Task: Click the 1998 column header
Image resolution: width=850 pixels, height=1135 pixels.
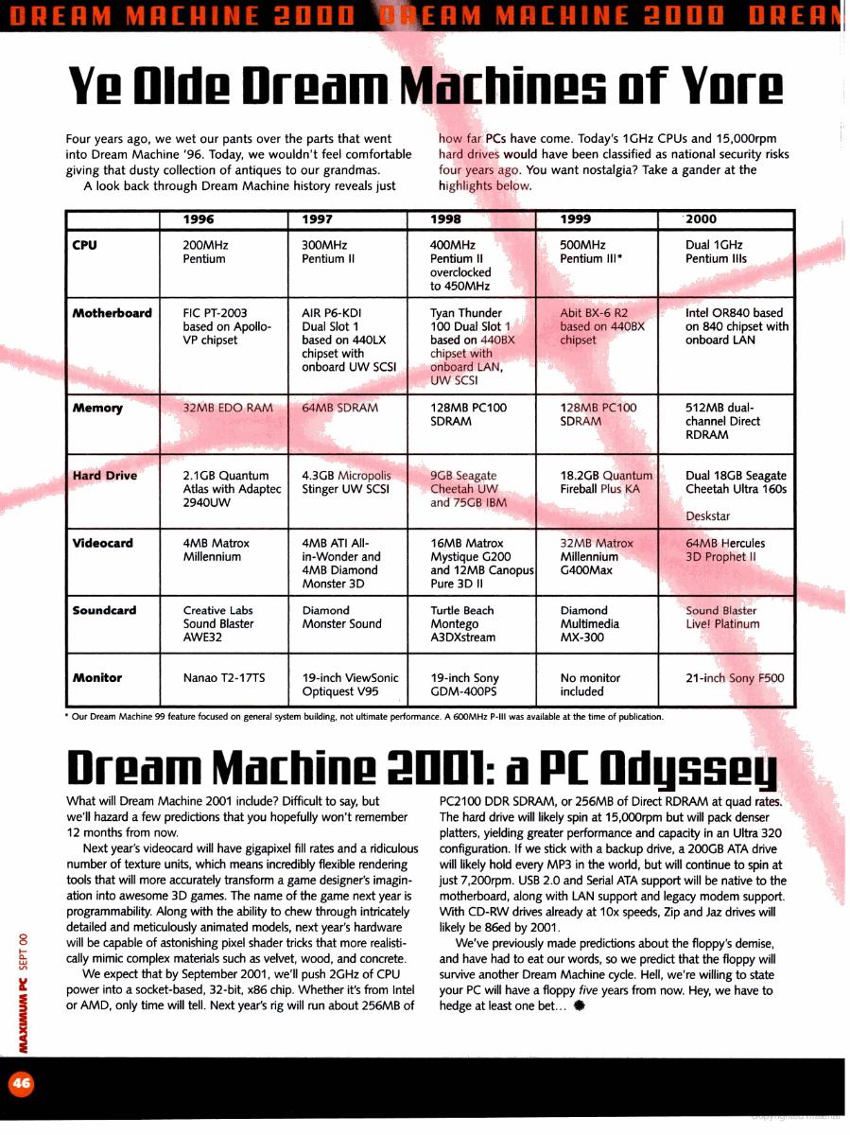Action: [446, 219]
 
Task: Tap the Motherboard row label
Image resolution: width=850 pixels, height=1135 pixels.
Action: [112, 313]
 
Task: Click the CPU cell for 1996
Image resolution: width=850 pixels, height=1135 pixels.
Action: [205, 252]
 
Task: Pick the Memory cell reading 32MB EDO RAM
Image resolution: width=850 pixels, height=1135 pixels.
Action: [227, 408]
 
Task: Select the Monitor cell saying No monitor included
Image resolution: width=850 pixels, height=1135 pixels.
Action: [590, 685]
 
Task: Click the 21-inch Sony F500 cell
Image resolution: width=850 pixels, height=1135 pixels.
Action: [735, 678]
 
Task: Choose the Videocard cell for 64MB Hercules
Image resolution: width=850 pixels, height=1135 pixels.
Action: [725, 550]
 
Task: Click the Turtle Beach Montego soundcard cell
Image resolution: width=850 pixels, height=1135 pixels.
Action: [462, 624]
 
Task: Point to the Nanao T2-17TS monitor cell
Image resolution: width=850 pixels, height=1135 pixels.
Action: [221, 678]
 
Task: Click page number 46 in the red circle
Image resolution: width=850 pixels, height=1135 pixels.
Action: [20, 1084]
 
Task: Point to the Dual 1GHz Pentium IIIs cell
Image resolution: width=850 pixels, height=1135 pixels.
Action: [716, 252]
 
